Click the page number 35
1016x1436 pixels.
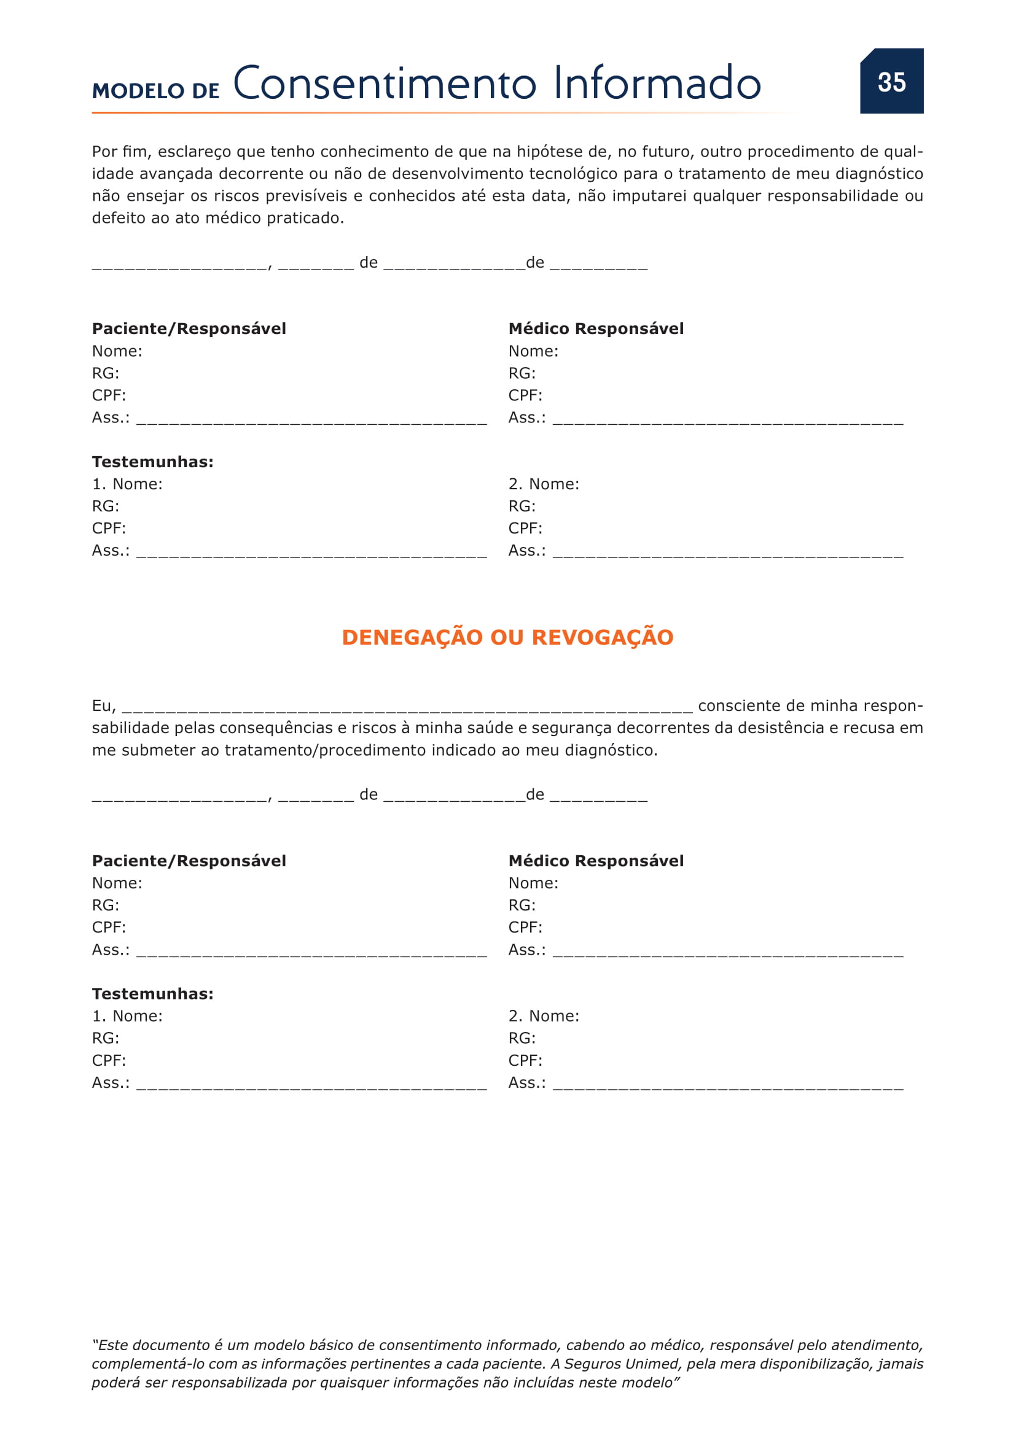[x=891, y=82]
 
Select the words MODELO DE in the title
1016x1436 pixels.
[x=156, y=91]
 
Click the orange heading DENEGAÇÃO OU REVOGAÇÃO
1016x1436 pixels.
[x=507, y=637]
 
